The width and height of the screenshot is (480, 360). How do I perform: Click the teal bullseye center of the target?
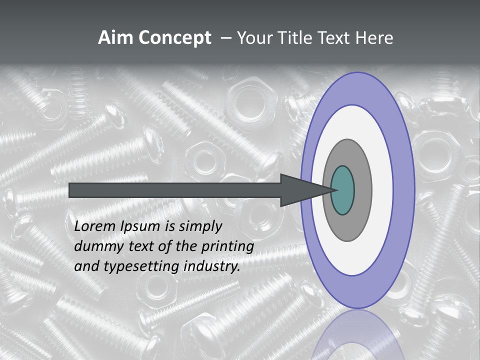[343, 190]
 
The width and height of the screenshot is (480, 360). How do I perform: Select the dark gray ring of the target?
[361, 190]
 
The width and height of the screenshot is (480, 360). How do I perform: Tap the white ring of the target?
[382, 190]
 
